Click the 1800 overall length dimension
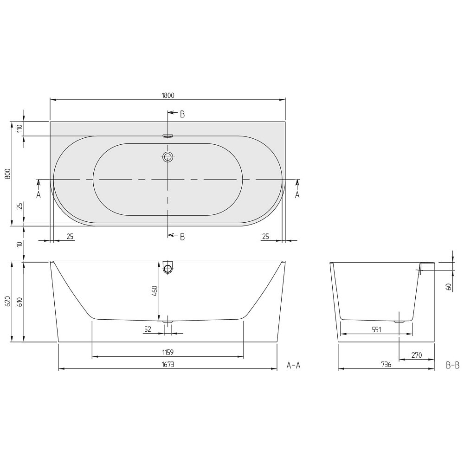coord(168,95)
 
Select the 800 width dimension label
coord(8,174)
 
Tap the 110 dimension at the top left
coord(20,129)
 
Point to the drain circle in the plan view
coord(168,157)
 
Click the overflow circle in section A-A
coord(168,269)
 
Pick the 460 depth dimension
coord(155,291)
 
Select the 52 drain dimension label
coord(148,329)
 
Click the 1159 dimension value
coord(168,352)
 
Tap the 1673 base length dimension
coord(168,364)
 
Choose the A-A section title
coord(293,366)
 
